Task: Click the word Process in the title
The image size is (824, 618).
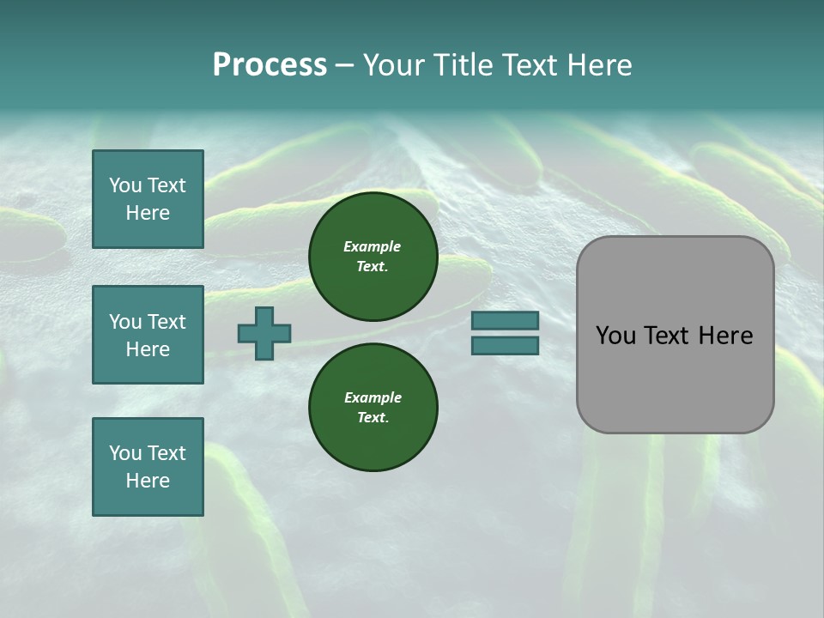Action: [x=270, y=65]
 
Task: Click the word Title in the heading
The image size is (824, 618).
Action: [x=463, y=65]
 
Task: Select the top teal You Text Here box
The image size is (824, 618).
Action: [x=148, y=199]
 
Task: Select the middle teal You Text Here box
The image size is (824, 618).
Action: [x=148, y=335]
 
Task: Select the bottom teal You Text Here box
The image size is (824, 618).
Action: [x=148, y=467]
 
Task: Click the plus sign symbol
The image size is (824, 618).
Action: [x=264, y=333]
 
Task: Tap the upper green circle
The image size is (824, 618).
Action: [x=373, y=256]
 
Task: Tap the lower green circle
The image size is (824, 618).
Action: [x=373, y=407]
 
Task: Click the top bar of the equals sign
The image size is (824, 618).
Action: [x=505, y=320]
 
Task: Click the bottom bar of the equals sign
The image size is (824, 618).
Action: [x=505, y=346]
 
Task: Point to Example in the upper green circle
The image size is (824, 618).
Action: [x=372, y=246]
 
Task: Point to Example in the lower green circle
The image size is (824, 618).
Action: [x=373, y=397]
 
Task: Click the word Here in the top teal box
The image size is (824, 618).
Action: [x=148, y=213]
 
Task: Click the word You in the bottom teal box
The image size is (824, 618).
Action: [x=125, y=453]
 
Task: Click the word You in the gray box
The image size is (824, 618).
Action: [x=616, y=336]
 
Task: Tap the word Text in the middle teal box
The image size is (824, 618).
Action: [x=167, y=322]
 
